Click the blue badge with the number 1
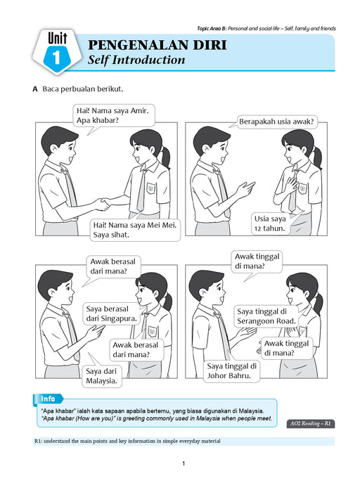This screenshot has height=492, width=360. (56, 57)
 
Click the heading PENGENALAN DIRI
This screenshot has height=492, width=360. (157, 45)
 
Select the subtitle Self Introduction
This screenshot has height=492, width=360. (136, 60)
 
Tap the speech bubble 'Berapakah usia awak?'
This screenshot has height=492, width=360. (276, 122)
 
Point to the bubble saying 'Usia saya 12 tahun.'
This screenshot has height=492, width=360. (270, 224)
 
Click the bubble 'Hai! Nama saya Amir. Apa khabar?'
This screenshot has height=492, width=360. (114, 115)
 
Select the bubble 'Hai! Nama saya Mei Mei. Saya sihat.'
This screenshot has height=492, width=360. (135, 230)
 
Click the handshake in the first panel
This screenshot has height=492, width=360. (103, 204)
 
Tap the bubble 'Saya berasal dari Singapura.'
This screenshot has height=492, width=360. (111, 313)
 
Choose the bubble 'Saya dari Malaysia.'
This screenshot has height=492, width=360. (102, 376)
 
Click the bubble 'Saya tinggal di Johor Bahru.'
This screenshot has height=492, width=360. (232, 371)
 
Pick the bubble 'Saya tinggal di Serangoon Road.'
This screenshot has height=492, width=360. (266, 316)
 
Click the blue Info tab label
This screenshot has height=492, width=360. (48, 399)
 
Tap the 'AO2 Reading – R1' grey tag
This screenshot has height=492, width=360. (310, 424)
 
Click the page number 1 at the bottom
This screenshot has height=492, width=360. (184, 463)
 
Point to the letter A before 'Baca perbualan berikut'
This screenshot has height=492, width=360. (35, 89)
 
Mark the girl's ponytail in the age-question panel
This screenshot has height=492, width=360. (317, 157)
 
